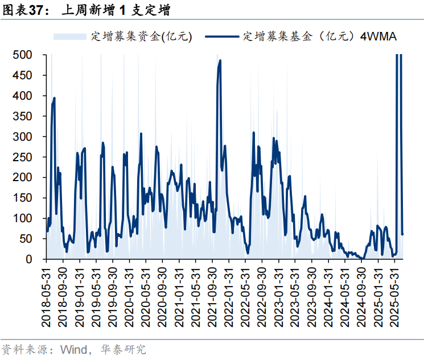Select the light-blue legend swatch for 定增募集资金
71,36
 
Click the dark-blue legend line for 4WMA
221,36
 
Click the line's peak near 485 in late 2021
220,60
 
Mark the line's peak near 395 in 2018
54,98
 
